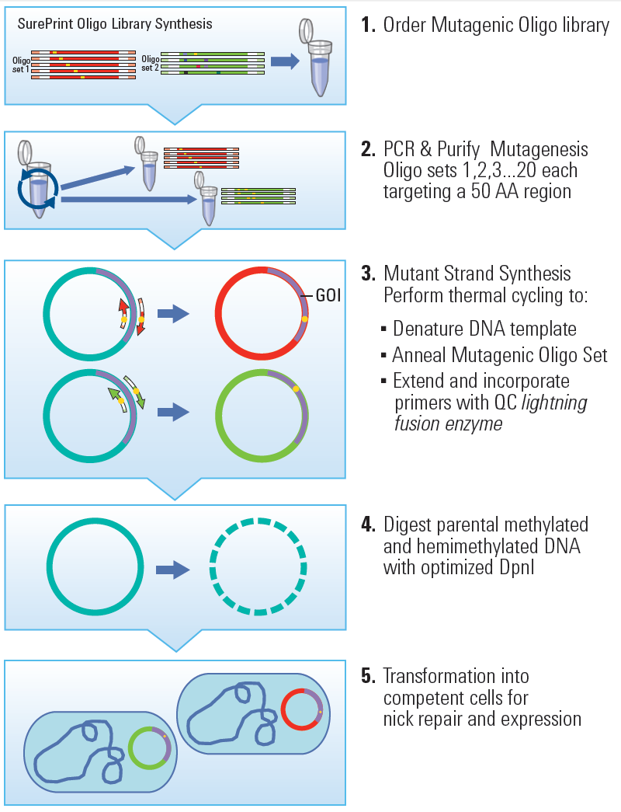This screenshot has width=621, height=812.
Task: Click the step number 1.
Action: (367, 26)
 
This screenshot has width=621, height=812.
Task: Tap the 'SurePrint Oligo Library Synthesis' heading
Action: (115, 24)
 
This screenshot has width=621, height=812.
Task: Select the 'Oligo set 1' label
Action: (20, 64)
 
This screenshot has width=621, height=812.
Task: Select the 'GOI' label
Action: (329, 295)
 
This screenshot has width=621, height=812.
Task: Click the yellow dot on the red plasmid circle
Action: (305, 319)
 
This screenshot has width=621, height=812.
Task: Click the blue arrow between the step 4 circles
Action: (172, 570)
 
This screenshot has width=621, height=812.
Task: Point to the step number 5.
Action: (368, 676)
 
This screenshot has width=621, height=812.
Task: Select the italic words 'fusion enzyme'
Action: (448, 424)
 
